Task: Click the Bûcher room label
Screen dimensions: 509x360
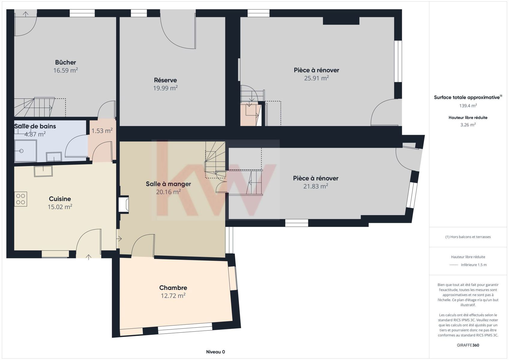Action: click(65, 62)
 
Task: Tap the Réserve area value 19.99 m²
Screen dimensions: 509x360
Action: click(166, 88)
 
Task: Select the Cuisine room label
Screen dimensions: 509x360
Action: click(60, 199)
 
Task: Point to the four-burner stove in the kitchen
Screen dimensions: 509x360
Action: click(21, 199)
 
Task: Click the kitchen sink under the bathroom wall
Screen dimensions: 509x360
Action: click(43, 171)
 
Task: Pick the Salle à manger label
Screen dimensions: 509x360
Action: click(168, 184)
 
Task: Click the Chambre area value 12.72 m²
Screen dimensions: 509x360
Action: click(173, 296)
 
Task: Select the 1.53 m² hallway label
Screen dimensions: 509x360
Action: click(102, 131)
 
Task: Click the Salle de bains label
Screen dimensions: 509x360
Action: click(35, 126)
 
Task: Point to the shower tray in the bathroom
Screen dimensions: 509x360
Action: click(25, 151)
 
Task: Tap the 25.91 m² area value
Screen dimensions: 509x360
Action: click(316, 78)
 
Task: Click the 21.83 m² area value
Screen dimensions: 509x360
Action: click(316, 186)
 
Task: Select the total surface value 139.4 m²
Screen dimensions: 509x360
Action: click(468, 106)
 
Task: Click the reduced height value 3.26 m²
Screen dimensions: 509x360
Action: click(468, 125)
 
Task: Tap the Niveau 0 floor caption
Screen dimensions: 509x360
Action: click(215, 352)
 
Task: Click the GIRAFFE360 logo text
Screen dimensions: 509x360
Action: click(468, 345)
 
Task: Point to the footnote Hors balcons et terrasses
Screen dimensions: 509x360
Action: click(468, 237)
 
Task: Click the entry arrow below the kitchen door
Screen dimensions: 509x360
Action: click(88, 257)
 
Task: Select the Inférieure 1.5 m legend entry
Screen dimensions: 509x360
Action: click(474, 265)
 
